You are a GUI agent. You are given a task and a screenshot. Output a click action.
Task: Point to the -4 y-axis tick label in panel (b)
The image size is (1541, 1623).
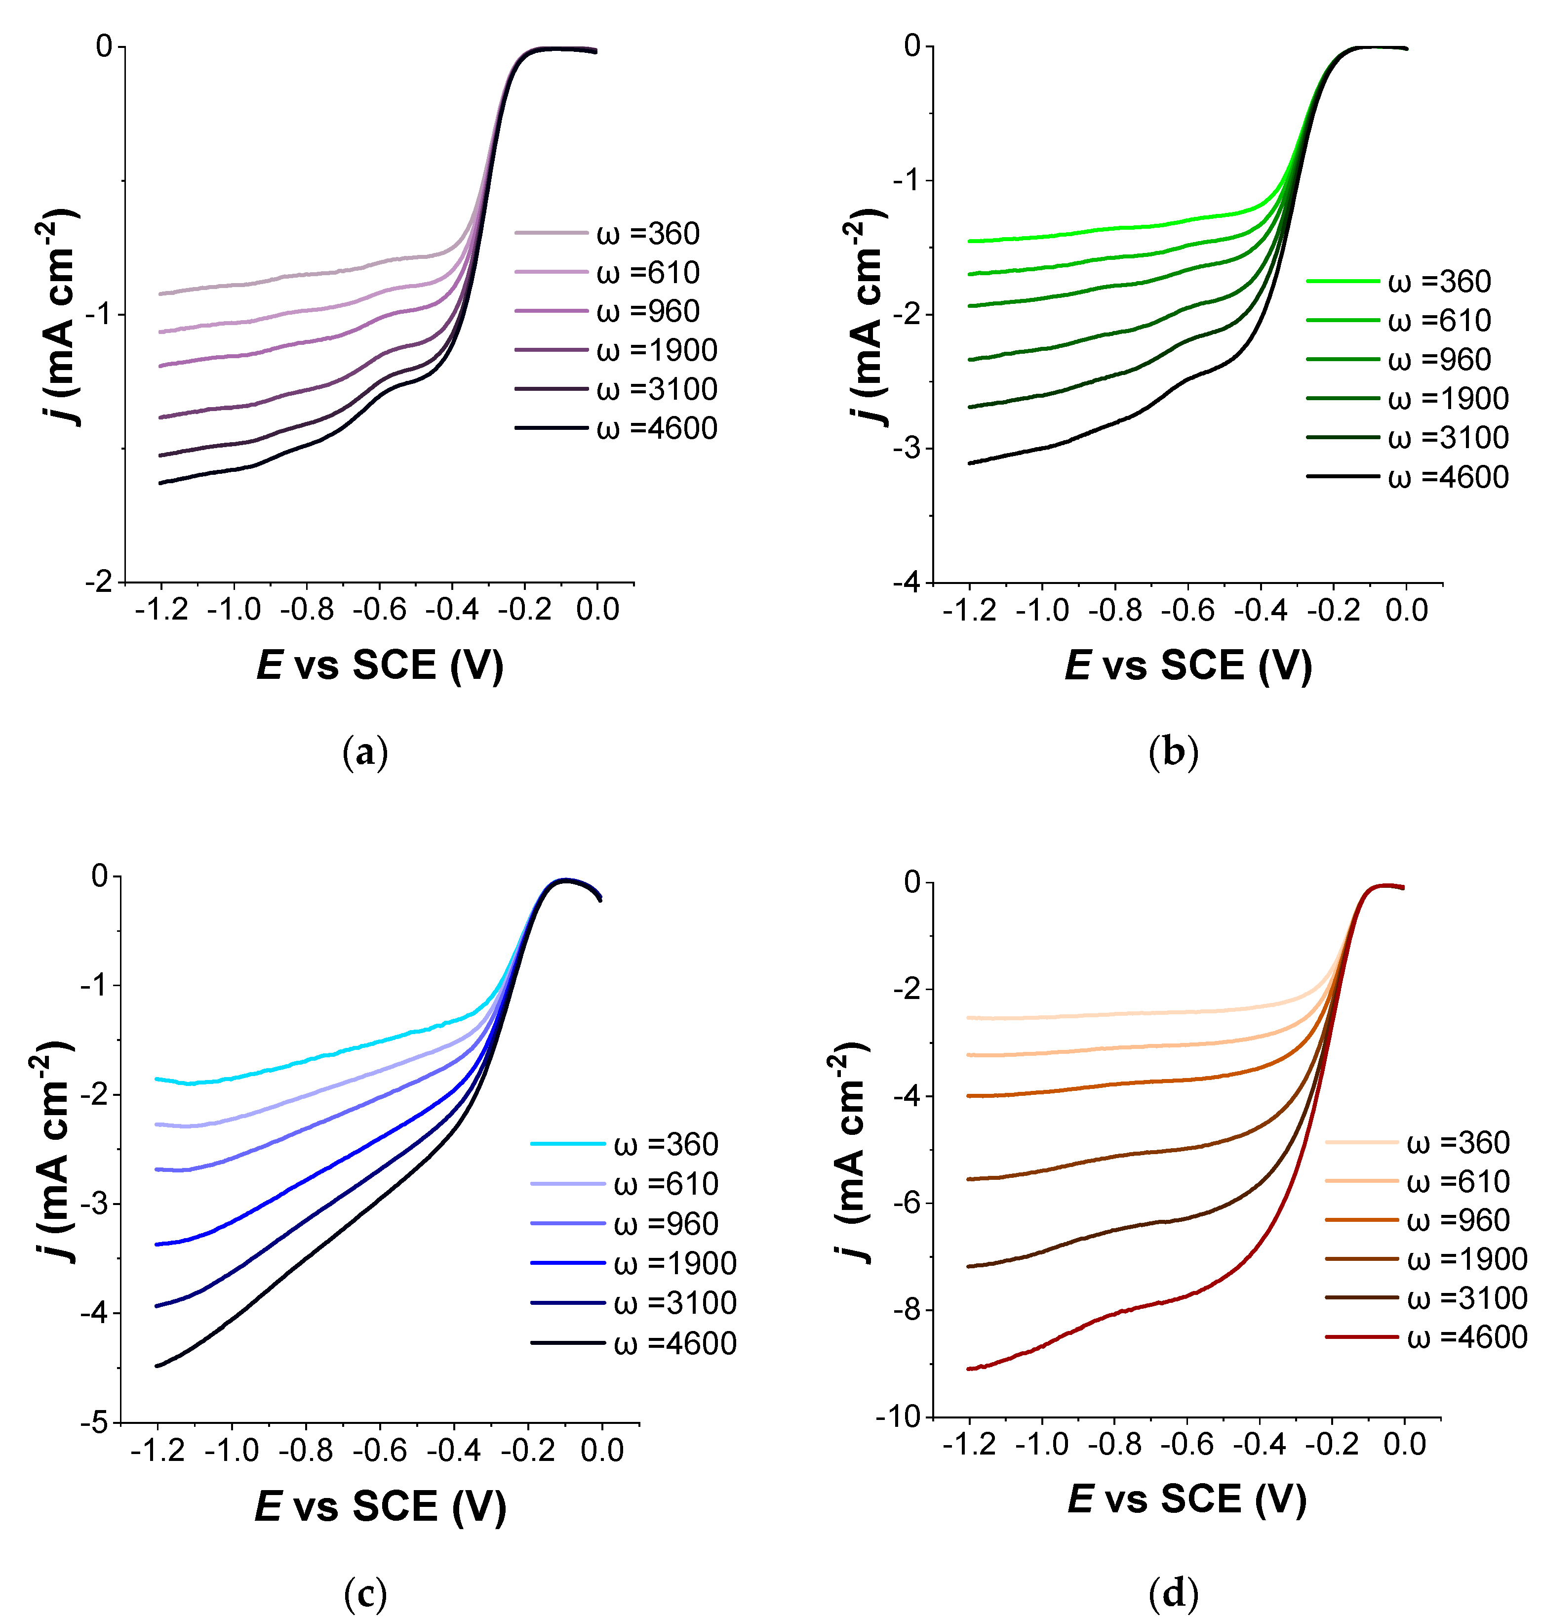pos(909,583)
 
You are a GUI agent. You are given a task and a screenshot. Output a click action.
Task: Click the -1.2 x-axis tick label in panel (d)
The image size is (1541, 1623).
pos(969,1444)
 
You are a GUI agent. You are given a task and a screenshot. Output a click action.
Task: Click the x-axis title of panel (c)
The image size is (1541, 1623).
pos(380,1505)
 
